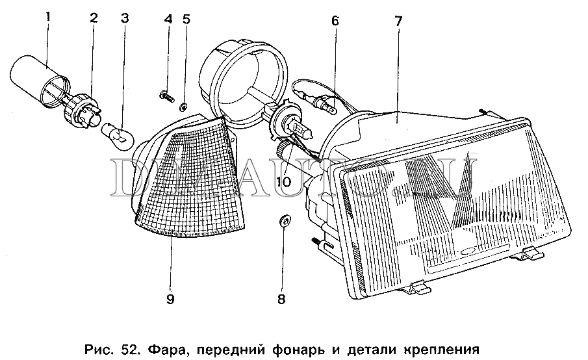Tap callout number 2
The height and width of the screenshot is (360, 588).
94,18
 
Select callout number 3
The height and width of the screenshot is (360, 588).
125,18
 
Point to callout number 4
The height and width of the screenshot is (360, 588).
168,18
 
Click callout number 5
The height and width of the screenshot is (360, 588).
186,18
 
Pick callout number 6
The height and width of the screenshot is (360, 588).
335,21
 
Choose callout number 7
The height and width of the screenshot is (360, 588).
398,21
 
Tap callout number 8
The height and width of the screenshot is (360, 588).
281,300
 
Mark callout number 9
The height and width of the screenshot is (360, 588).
170,300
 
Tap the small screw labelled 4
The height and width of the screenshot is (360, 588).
165,97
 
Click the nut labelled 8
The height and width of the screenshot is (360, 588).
283,220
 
